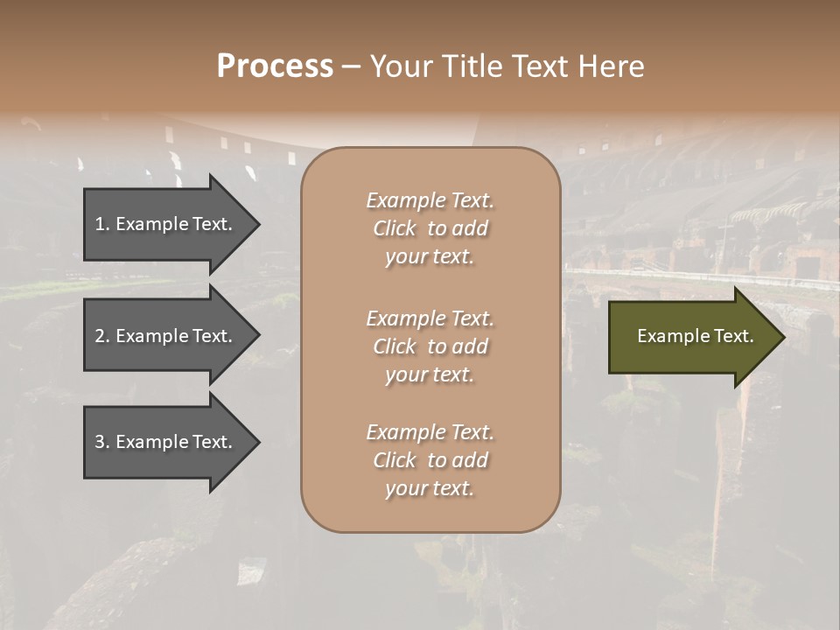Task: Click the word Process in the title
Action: point(275,66)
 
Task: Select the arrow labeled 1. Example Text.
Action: point(166,224)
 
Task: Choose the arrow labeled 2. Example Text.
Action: point(166,336)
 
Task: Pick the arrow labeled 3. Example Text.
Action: point(166,442)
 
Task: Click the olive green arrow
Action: point(691,337)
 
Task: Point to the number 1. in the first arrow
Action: point(102,224)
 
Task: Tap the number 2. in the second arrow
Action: point(102,336)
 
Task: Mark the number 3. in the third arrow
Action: point(102,442)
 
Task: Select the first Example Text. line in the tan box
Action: point(430,200)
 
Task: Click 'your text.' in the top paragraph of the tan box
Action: point(430,256)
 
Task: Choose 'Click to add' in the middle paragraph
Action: point(430,346)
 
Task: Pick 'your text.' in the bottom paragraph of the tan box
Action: point(430,488)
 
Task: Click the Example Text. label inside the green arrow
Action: point(695,336)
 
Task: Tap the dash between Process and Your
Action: point(352,66)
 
